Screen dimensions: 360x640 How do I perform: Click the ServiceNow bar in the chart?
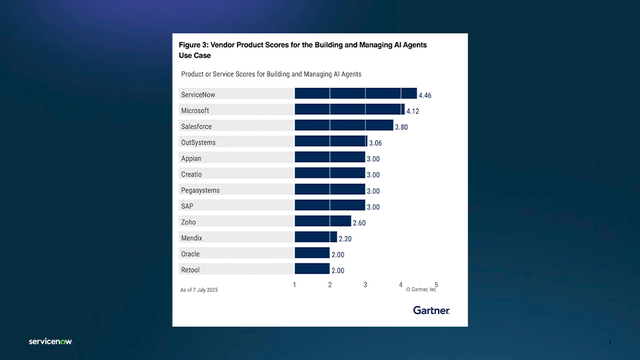[355, 93]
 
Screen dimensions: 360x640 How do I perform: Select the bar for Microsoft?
[349, 109]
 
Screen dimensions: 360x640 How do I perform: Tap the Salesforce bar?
[343, 125]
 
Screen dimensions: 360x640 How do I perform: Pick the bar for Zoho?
[322, 221]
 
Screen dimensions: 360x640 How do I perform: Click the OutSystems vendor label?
[198, 142]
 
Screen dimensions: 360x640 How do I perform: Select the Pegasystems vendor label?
[200, 190]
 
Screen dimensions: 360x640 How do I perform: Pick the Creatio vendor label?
[192, 174]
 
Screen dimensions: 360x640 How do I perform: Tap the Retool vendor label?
[191, 270]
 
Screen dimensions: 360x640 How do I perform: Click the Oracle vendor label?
[191, 254]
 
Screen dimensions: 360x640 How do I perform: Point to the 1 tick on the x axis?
[295, 285]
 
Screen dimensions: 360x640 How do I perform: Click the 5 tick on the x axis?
[436, 285]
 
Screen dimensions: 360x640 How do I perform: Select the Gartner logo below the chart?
[431, 310]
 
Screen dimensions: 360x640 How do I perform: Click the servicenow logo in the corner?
[49, 341]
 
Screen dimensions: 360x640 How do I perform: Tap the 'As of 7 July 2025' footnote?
[199, 289]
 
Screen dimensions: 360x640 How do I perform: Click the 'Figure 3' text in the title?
[196, 46]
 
